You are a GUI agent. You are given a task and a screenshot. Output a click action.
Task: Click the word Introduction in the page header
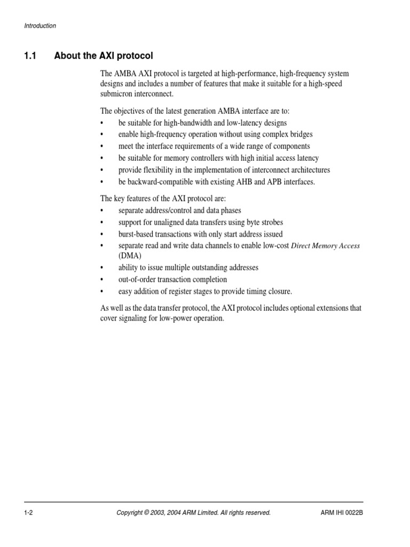point(40,26)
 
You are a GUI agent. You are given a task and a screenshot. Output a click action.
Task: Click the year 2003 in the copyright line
point(161,513)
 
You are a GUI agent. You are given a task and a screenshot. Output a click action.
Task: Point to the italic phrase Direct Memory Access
point(325,246)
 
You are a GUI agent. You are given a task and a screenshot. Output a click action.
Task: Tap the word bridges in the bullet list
point(301,134)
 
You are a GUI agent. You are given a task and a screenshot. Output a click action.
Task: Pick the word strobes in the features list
point(271,222)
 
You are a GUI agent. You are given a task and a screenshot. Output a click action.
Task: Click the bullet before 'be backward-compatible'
point(102,182)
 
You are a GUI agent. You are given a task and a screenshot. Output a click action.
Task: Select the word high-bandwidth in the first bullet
point(193,122)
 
